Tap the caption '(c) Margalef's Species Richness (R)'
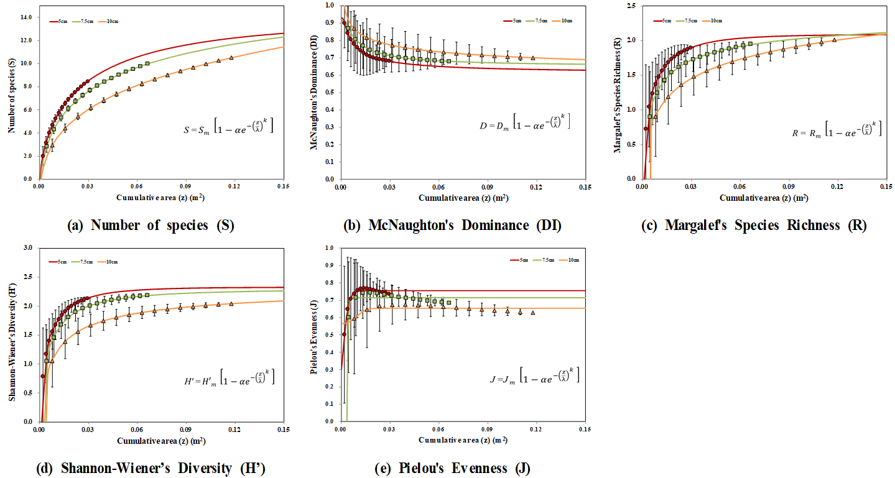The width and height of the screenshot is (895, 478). tap(754, 226)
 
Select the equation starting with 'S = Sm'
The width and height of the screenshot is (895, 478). tap(228, 129)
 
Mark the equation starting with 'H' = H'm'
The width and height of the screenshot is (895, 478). tap(226, 377)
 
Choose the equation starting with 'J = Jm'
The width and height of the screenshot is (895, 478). tap(534, 375)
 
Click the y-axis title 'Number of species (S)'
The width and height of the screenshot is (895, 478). tap(10, 93)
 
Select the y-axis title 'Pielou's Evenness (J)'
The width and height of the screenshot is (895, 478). tap(313, 336)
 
